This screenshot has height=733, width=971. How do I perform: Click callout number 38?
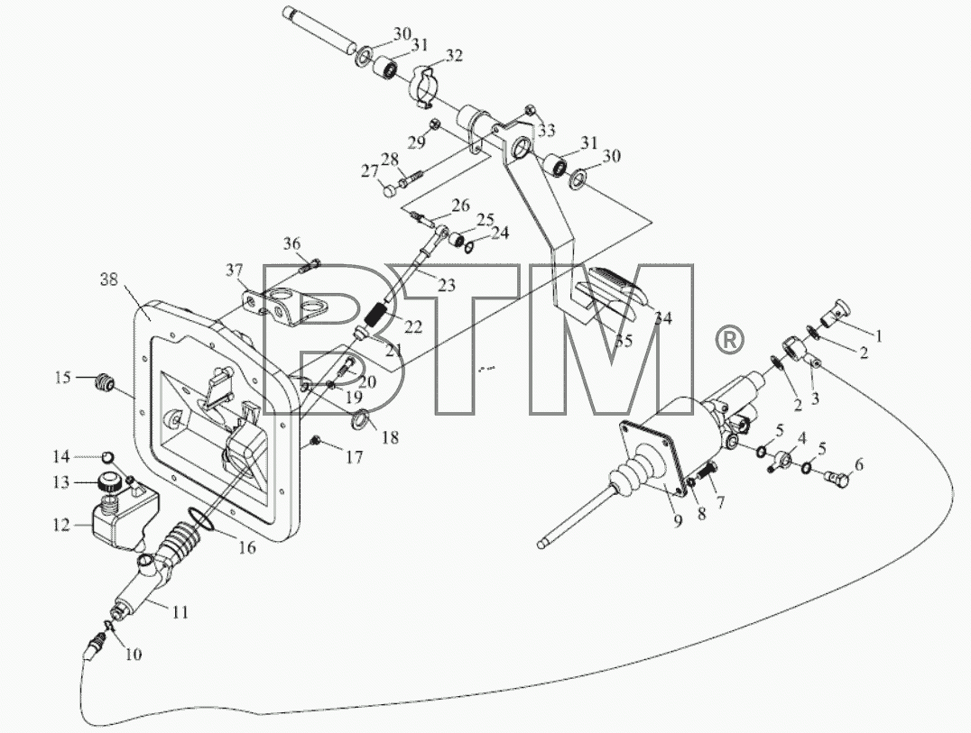coord(109,280)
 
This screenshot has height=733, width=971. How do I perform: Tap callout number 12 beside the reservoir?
coord(62,525)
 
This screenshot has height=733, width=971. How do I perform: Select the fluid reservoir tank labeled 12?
coord(124,516)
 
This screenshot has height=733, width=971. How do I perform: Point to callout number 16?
coord(247,547)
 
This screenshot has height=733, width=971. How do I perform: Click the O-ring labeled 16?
coord(201,520)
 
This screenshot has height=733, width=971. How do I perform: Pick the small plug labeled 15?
coord(103,382)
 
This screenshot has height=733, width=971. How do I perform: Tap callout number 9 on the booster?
coord(678,521)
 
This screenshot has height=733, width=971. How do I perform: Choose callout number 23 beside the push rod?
coord(447,285)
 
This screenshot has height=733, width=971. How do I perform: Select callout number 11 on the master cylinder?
coord(180,612)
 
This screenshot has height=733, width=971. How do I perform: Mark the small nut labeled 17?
coord(316,441)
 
